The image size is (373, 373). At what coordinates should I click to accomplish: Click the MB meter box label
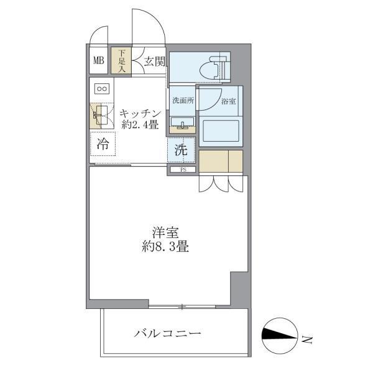pos(98,60)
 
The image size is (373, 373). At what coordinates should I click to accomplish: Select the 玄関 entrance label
pos(155,61)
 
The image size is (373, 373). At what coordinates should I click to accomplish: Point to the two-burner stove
pos(102,89)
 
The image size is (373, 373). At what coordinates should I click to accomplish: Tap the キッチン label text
pos(141,113)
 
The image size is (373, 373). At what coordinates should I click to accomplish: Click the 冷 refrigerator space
pos(103,145)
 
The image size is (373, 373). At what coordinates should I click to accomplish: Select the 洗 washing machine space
pos(180,150)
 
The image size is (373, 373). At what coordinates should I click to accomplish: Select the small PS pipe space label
pos(183,169)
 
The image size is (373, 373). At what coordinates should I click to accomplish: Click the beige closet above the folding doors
pos(221,160)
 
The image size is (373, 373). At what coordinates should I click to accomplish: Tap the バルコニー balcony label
pos(167,334)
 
